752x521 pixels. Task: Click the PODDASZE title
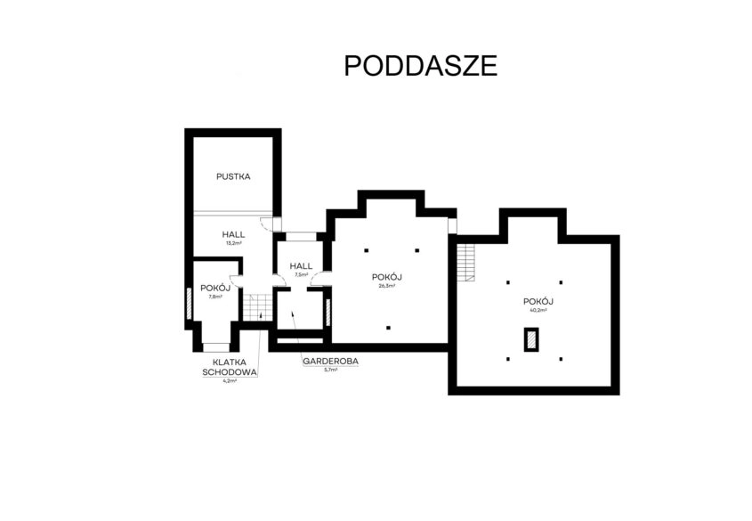[x=421, y=66]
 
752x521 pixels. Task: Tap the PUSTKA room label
[x=233, y=176]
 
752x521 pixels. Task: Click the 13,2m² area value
[x=233, y=243]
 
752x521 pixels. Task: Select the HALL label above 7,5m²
[x=301, y=265]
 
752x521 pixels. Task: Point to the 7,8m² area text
[x=215, y=297]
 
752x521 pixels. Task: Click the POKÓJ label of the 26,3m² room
[x=386, y=277]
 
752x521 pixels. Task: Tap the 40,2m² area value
[x=538, y=310]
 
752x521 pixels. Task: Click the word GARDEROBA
[x=330, y=362]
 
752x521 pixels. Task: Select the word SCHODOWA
[x=230, y=372]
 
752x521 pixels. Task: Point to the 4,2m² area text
[x=230, y=381]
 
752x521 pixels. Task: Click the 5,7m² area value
[x=330, y=370]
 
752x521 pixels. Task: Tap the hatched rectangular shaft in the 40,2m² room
[x=531, y=339]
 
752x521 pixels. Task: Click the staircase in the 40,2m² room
[x=465, y=263]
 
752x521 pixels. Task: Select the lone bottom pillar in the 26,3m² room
[x=389, y=328]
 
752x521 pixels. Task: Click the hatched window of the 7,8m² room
[x=189, y=304]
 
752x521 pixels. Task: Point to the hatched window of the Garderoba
[x=328, y=313]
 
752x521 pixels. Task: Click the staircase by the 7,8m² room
[x=257, y=307]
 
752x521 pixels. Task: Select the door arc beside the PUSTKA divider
[x=264, y=224]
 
